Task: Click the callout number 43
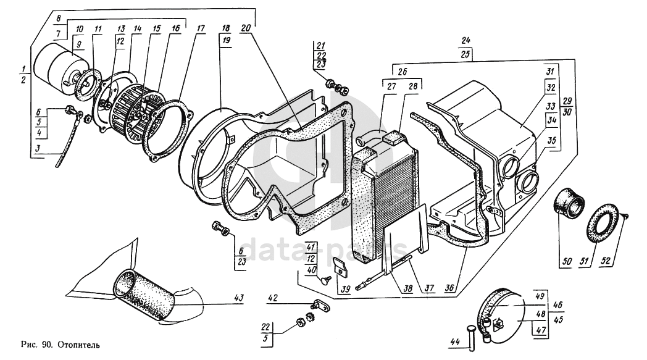[238, 298]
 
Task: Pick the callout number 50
[567, 261]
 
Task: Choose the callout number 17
[200, 28]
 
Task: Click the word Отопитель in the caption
[78, 345]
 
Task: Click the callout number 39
[346, 289]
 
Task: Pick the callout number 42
[273, 298]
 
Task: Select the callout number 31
[550, 72]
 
